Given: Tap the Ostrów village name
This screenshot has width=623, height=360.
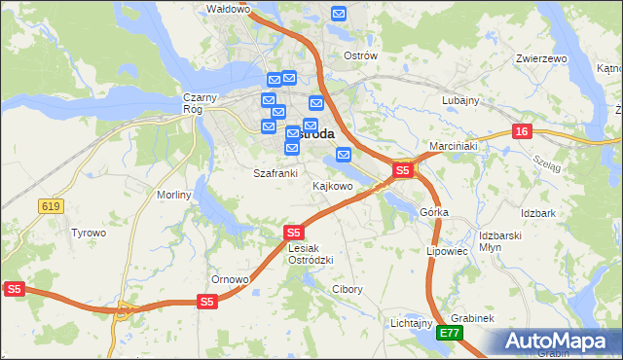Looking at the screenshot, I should click(x=360, y=55).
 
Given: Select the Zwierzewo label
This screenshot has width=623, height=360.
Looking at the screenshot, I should click(x=542, y=58).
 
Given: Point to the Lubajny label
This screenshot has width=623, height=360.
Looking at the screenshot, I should click(x=460, y=100).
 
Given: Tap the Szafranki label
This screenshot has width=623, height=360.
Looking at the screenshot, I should click(x=275, y=173).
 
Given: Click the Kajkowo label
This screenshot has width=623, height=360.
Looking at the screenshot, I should click(x=332, y=185).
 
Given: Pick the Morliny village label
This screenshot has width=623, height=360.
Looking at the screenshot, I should click(x=174, y=195).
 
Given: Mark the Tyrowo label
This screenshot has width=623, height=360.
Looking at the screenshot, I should click(x=89, y=233).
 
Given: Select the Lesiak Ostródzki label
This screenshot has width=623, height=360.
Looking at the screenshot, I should click(x=311, y=254).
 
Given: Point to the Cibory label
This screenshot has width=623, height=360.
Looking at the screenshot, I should click(x=348, y=289).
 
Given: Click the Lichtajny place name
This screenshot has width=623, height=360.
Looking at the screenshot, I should click(x=411, y=322).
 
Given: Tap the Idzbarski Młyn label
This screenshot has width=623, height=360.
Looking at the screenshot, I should click(x=502, y=242).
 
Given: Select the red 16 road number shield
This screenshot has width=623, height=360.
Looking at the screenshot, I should click(x=523, y=131).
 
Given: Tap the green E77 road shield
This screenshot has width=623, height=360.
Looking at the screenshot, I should click(x=449, y=333).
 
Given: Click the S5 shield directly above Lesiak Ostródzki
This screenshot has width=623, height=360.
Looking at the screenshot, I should click(x=294, y=233).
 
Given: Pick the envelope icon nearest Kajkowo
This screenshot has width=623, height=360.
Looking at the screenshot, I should click(x=344, y=155).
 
